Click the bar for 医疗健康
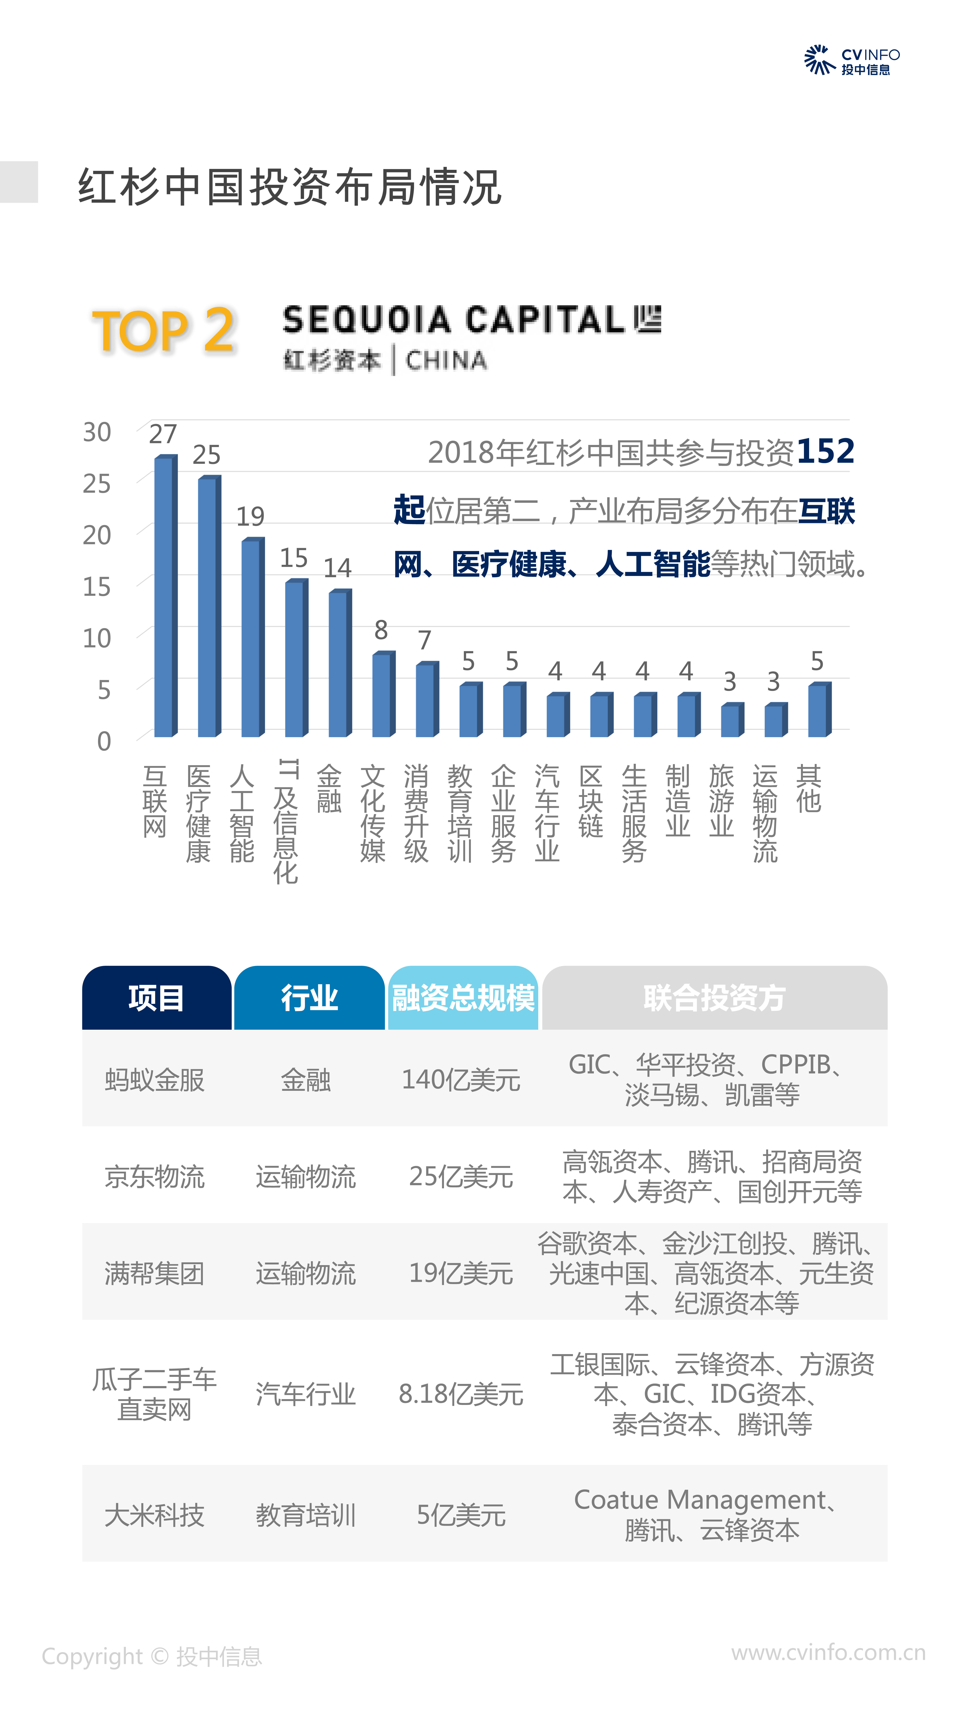[x=208, y=606]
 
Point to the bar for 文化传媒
[x=383, y=694]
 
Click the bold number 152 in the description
[x=825, y=451]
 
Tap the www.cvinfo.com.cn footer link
[x=828, y=1652]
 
